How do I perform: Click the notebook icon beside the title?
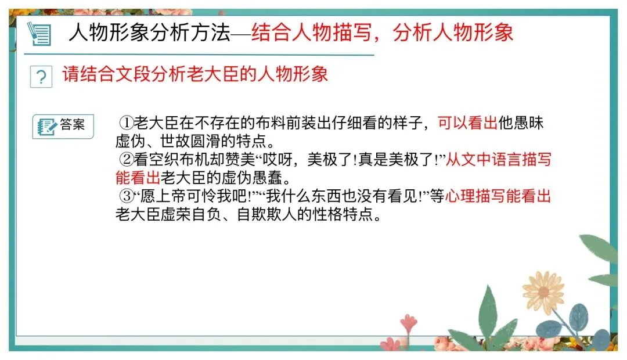pos(40,33)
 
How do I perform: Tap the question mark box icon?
pos(41,77)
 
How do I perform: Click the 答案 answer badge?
pos(63,126)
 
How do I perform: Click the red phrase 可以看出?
pos(467,123)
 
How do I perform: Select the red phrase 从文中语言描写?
pos(498,159)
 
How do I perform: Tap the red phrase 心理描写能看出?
pos(498,196)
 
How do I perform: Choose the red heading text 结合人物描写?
pos(314,33)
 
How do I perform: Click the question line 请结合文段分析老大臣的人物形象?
pos(195,75)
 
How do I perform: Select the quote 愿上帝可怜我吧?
pos(197,196)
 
